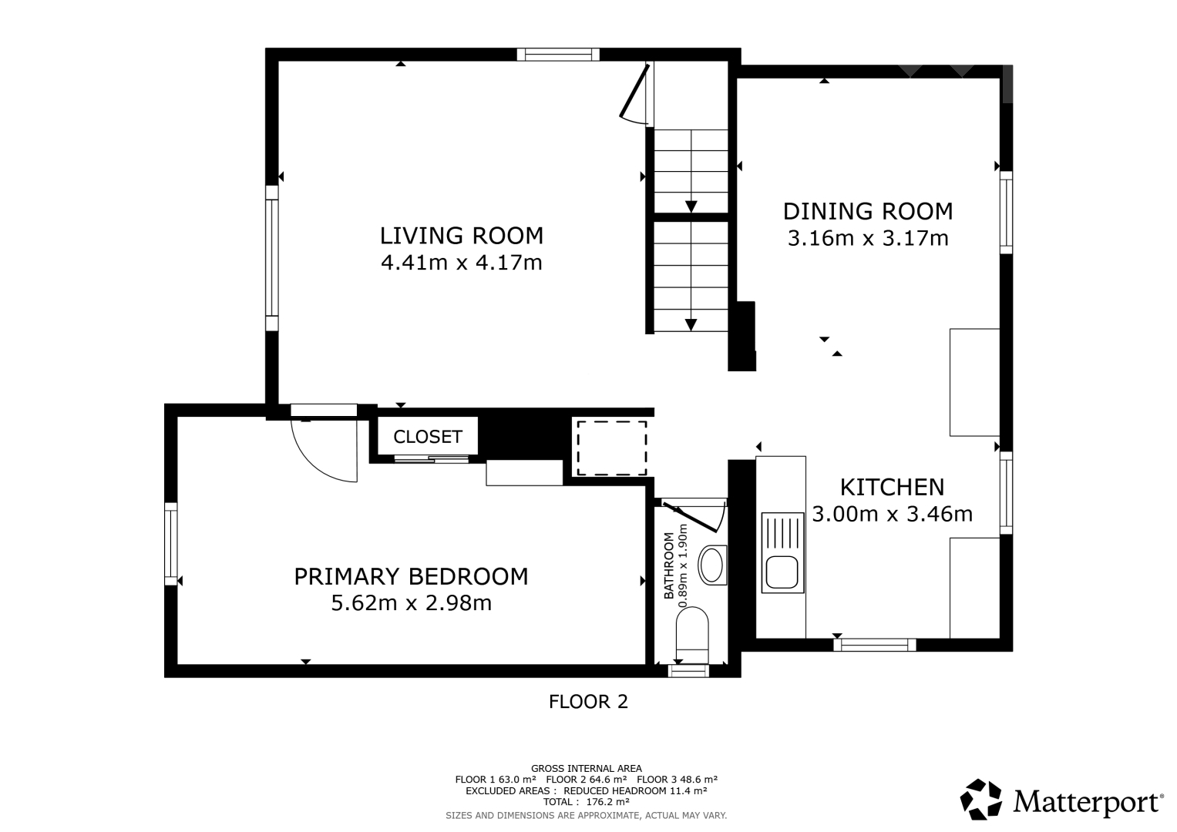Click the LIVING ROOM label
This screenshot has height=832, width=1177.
click(462, 236)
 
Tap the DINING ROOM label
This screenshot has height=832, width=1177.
click(868, 212)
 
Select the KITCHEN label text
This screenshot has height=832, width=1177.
click(893, 488)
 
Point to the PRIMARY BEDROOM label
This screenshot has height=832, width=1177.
click(411, 577)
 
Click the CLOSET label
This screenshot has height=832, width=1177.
click(428, 437)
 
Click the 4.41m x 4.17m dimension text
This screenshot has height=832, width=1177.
click(462, 263)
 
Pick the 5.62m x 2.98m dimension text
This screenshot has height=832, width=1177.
click(411, 603)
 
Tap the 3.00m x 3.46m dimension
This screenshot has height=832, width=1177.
click(893, 514)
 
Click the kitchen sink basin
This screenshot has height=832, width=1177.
click(782, 572)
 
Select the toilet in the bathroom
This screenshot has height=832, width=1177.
click(692, 636)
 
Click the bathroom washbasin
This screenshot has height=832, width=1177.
click(712, 565)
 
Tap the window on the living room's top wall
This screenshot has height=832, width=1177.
click(558, 55)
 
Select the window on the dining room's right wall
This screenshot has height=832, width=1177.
click(1006, 212)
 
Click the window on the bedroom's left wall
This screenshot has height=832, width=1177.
click(171, 544)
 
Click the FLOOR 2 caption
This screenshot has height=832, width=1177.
click(589, 702)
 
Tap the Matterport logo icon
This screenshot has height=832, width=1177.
click(980, 799)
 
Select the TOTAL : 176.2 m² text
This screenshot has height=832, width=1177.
click(587, 801)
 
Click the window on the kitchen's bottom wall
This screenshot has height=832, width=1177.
click(875, 645)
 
